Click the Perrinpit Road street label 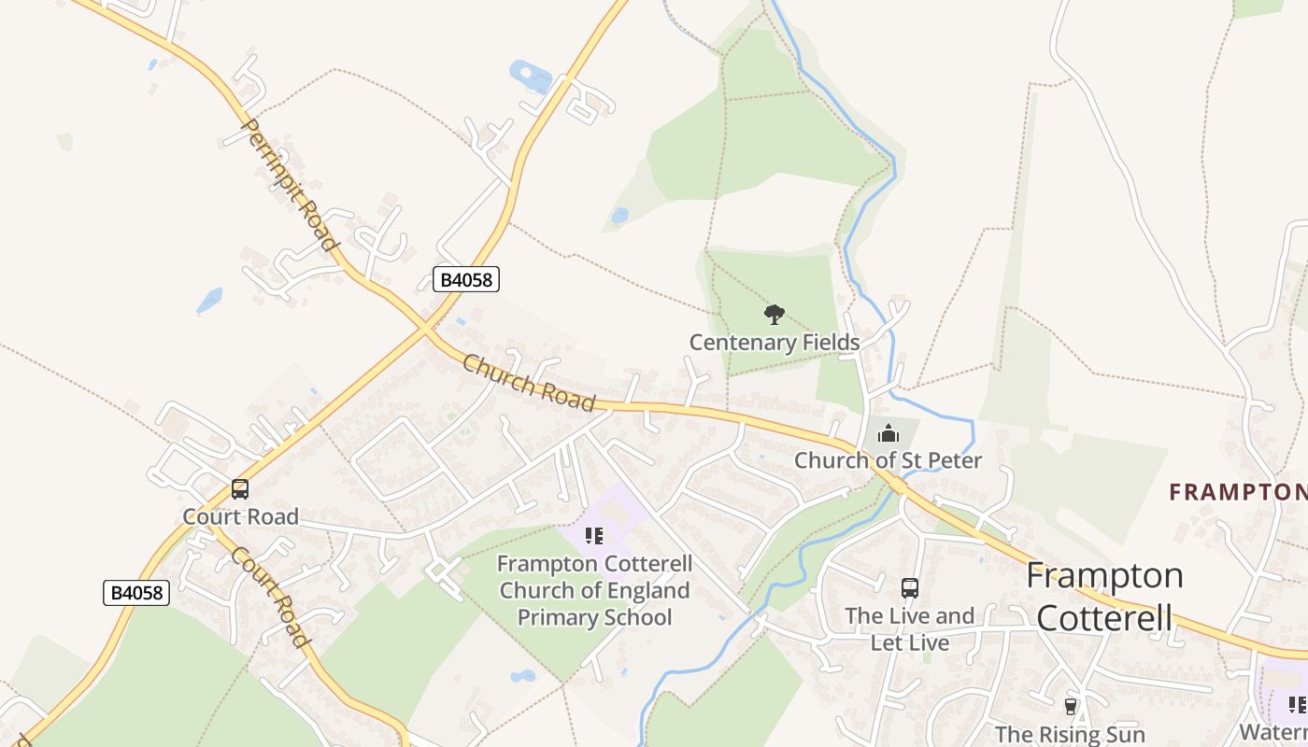pyautogui.click(x=290, y=184)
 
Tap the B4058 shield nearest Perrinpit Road pyautogui.click(x=466, y=279)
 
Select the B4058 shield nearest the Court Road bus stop pyautogui.click(x=136, y=592)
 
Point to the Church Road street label pyautogui.click(x=528, y=383)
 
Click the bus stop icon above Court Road pyautogui.click(x=240, y=489)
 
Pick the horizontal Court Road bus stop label pyautogui.click(x=240, y=516)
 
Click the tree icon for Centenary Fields pyautogui.click(x=774, y=315)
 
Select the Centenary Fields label pyautogui.click(x=775, y=343)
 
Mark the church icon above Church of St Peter pyautogui.click(x=888, y=433)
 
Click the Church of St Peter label pyautogui.click(x=888, y=460)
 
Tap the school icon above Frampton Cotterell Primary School pyautogui.click(x=593, y=536)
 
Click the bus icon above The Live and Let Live pyautogui.click(x=910, y=588)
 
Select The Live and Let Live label pyautogui.click(x=910, y=629)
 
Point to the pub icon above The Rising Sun pyautogui.click(x=1071, y=707)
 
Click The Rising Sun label pyautogui.click(x=1071, y=734)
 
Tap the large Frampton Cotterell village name pyautogui.click(x=1104, y=597)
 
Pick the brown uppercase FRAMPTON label pyautogui.click(x=1238, y=492)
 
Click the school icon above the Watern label pyautogui.click(x=1297, y=704)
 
